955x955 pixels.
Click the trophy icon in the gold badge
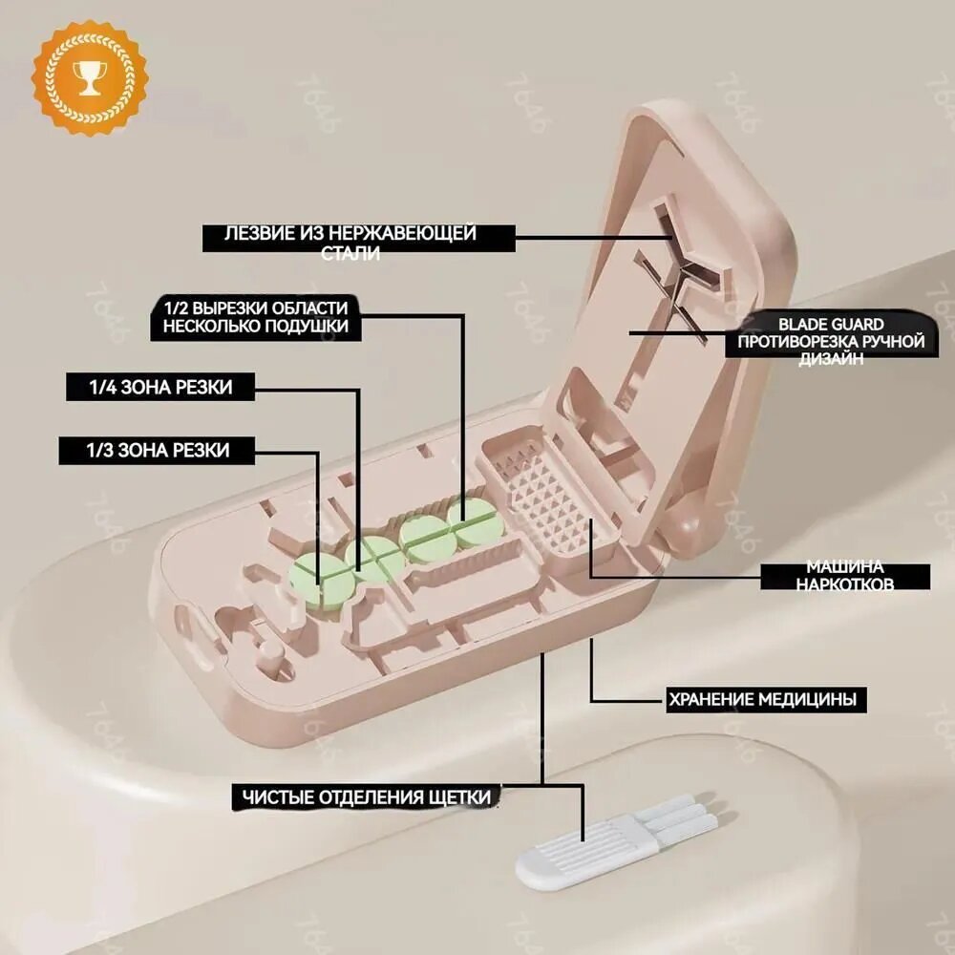click(x=90, y=77)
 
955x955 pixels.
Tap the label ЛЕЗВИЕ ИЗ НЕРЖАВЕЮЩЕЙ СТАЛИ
click(x=350, y=243)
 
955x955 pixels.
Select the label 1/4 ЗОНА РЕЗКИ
click(x=160, y=388)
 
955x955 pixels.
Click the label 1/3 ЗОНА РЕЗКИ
click(x=158, y=451)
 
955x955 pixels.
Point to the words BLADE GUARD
click(x=831, y=324)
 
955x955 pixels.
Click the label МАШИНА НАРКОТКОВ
click(x=845, y=576)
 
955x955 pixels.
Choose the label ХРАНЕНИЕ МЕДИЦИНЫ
click(x=763, y=699)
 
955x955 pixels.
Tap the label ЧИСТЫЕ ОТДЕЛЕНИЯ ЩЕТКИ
click(x=367, y=797)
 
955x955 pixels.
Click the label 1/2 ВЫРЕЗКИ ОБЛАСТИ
click(x=256, y=308)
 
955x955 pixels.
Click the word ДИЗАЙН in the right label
click(x=831, y=359)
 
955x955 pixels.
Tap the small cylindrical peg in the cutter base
click(x=271, y=655)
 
